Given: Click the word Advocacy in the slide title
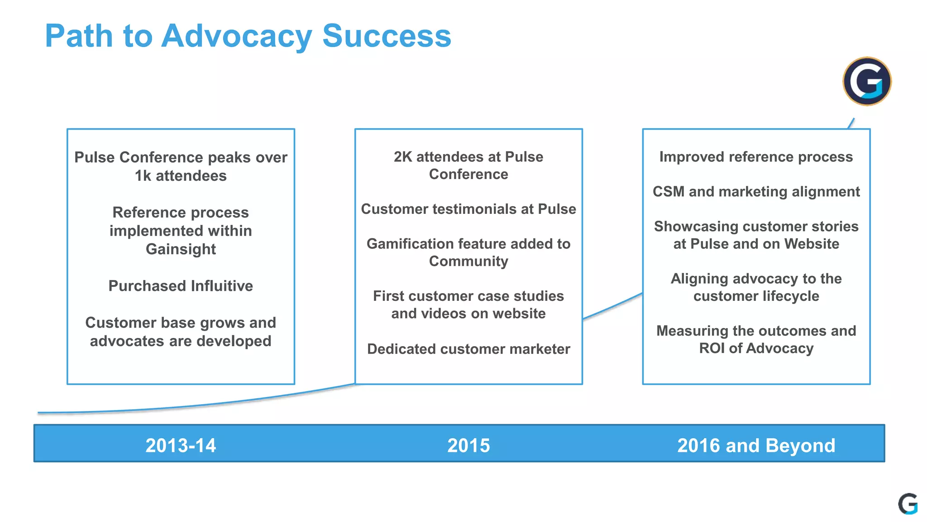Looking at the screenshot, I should pyautogui.click(x=236, y=36).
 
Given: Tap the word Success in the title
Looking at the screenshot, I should pyautogui.click(x=387, y=36).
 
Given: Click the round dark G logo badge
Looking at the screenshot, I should pyautogui.click(x=867, y=82).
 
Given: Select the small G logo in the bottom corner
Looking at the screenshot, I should pyautogui.click(x=908, y=504).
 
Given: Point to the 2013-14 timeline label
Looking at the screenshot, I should pyautogui.click(x=181, y=445).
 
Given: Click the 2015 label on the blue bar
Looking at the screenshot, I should pyautogui.click(x=468, y=445).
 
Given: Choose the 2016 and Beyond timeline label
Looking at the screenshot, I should pyautogui.click(x=756, y=445).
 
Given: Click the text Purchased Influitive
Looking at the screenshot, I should pyautogui.click(x=181, y=286).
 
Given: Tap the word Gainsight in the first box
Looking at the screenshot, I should pyautogui.click(x=181, y=249).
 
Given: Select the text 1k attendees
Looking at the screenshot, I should pyautogui.click(x=181, y=176).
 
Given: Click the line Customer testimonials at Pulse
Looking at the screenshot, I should pyautogui.click(x=468, y=209).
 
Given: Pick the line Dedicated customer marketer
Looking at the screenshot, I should pyautogui.click(x=468, y=349).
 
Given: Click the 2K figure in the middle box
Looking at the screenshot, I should pyautogui.click(x=403, y=157).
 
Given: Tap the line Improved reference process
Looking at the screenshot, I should pyautogui.click(x=756, y=157).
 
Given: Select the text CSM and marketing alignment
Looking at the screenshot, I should pyautogui.click(x=756, y=192).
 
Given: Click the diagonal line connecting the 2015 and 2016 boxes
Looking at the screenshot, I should pyautogui.click(x=612, y=306).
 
